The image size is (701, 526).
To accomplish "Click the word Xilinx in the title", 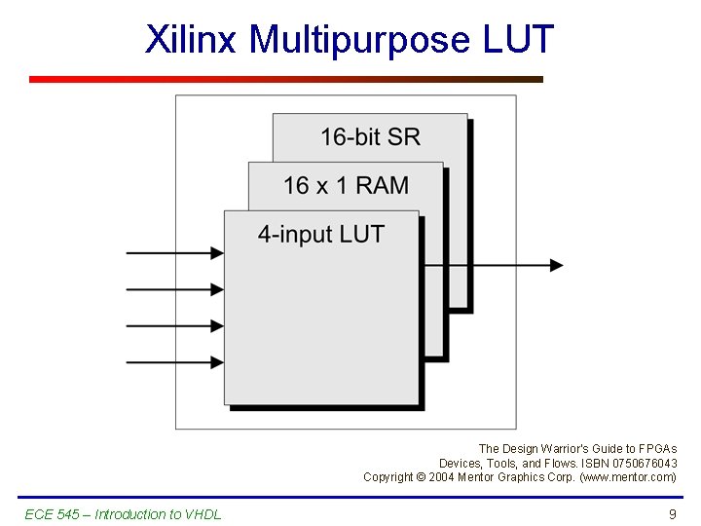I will click(x=192, y=40).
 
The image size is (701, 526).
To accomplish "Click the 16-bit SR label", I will click(x=370, y=137).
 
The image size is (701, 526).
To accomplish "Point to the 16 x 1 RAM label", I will click(x=346, y=185).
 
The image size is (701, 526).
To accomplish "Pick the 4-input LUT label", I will click(x=320, y=234).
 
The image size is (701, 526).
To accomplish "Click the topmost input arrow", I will click(x=175, y=252).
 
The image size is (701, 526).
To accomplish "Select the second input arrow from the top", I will click(x=175, y=289).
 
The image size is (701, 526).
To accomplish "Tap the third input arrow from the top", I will click(x=175, y=326).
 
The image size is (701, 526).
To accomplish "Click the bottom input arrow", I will click(x=175, y=363).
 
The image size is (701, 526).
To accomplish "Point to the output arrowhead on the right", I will click(x=556, y=265).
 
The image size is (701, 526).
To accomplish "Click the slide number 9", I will click(x=672, y=514).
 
